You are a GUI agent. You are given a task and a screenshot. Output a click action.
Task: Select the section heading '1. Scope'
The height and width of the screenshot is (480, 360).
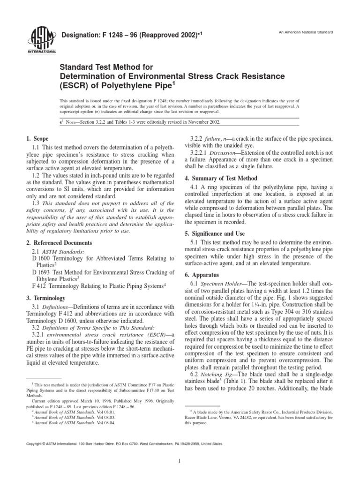pos(37,139)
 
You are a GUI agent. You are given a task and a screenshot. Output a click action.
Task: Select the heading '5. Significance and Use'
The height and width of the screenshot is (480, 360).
pos(217,233)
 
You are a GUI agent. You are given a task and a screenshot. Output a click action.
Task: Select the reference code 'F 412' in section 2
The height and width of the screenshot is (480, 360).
pos(39,285)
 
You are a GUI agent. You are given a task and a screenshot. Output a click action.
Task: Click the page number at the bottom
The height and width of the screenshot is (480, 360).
pos(180,461)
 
